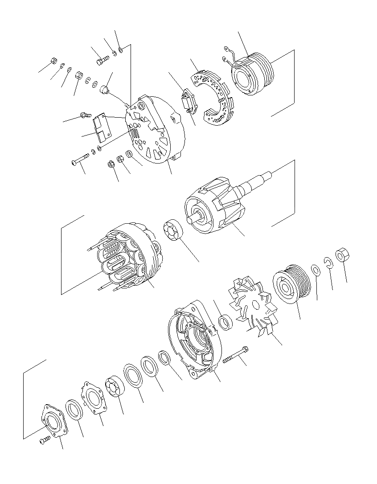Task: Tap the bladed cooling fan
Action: pos(253,305)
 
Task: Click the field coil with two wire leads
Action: pos(250,74)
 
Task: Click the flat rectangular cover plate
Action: pos(102,126)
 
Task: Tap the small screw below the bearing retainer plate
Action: pos(44,440)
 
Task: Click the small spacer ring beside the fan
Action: pos(226,322)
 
